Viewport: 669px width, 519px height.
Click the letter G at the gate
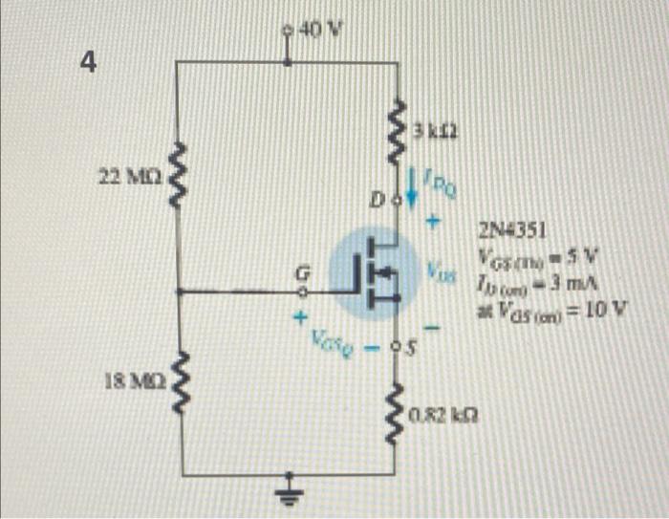pos(301,275)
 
